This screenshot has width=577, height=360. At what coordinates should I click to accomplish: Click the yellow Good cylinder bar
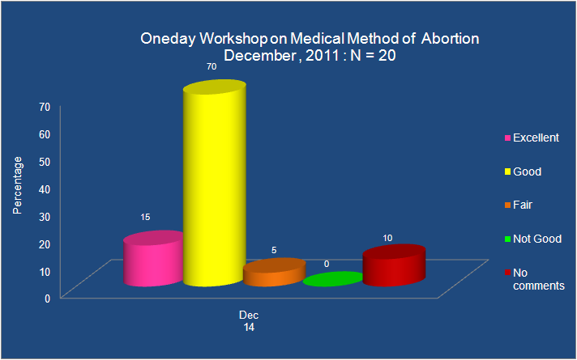215,183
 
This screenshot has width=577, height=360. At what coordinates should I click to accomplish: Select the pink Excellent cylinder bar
153,259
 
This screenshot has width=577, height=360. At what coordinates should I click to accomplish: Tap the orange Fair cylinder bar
275,272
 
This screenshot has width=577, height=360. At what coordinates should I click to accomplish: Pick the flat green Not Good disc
333,279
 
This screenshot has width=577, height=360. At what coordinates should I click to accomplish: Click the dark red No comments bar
394,265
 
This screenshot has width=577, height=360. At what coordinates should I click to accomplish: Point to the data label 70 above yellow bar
212,67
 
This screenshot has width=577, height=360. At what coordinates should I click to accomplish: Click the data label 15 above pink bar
145,217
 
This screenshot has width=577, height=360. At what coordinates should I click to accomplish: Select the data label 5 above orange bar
274,250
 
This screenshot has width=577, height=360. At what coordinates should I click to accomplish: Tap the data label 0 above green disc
327,264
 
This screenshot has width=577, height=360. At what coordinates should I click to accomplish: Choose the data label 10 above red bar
387,238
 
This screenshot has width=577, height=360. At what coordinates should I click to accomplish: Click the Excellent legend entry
532,138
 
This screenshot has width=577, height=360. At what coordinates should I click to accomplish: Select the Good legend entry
523,172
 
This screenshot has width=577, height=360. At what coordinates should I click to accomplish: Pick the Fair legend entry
519,205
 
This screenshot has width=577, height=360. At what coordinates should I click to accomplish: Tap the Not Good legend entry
533,239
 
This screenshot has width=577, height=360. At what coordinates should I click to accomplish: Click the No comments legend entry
535,279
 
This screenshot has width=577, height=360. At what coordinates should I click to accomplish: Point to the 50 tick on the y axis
45,162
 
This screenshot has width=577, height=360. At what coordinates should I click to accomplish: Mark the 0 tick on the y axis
48,299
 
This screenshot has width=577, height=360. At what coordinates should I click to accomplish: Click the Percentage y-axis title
17,185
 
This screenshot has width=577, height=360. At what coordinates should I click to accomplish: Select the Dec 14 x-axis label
249,321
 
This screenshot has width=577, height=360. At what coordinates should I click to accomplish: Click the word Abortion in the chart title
450,39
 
